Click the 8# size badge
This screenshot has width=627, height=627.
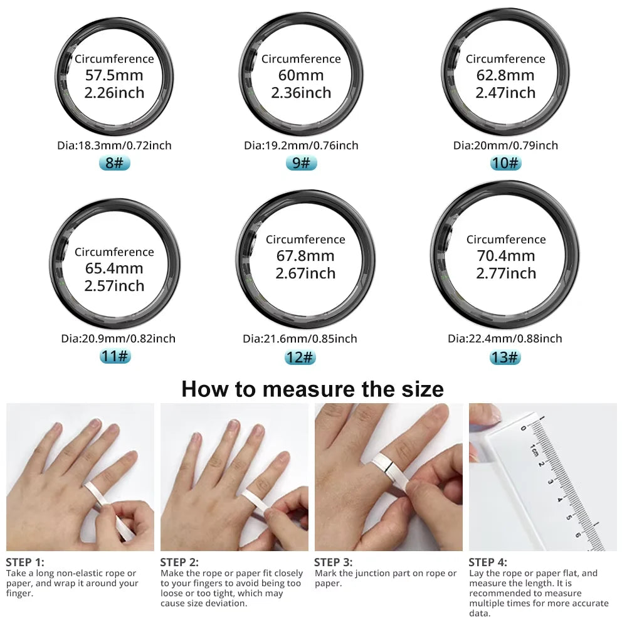[114, 163]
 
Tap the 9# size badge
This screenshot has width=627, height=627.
[301, 163]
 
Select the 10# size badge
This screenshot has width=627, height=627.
[505, 163]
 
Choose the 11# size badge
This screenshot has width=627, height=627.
[115, 357]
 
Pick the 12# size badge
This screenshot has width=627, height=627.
[300, 357]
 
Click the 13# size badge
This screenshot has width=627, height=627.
[505, 357]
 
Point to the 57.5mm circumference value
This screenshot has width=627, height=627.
[114, 76]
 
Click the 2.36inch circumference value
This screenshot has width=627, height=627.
[301, 93]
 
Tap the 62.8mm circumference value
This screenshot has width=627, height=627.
[505, 76]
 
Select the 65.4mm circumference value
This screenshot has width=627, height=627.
[114, 269]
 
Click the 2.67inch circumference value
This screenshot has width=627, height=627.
[305, 273]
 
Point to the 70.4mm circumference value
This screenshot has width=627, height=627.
[505, 256]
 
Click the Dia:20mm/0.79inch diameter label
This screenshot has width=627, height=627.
[505, 145]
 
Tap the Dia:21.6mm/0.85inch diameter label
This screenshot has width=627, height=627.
[300, 339]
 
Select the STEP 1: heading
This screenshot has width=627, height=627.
[25, 562]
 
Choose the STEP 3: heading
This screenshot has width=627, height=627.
[333, 562]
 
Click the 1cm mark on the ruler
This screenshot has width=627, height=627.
[533, 450]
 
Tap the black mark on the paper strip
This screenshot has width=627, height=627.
[390, 466]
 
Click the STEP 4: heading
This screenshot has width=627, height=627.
[488, 562]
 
